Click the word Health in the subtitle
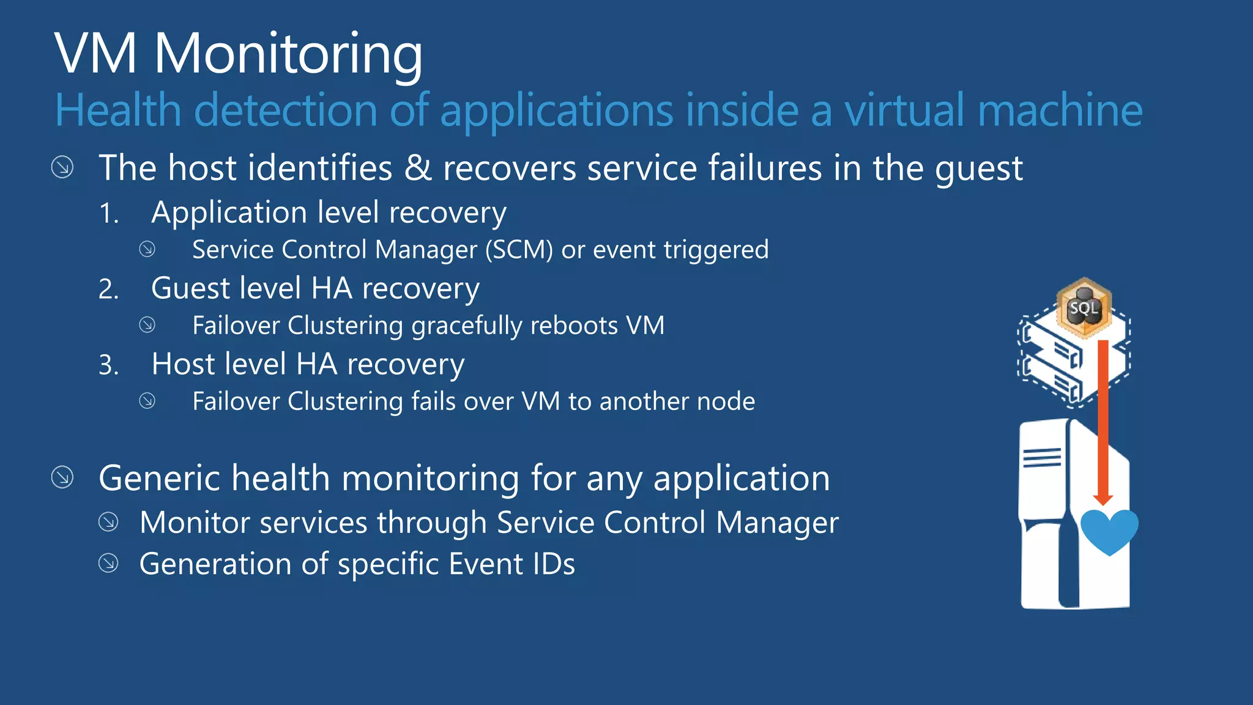(x=118, y=111)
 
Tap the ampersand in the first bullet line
(x=418, y=168)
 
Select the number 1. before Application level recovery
(x=109, y=214)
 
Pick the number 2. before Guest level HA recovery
(x=109, y=289)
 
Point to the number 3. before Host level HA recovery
(x=109, y=365)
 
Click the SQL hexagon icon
(x=1084, y=308)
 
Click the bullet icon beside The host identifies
(x=62, y=167)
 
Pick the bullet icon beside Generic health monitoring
(x=62, y=477)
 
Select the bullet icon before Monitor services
(x=108, y=522)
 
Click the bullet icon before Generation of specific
(x=108, y=563)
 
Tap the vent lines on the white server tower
(x=1041, y=457)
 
